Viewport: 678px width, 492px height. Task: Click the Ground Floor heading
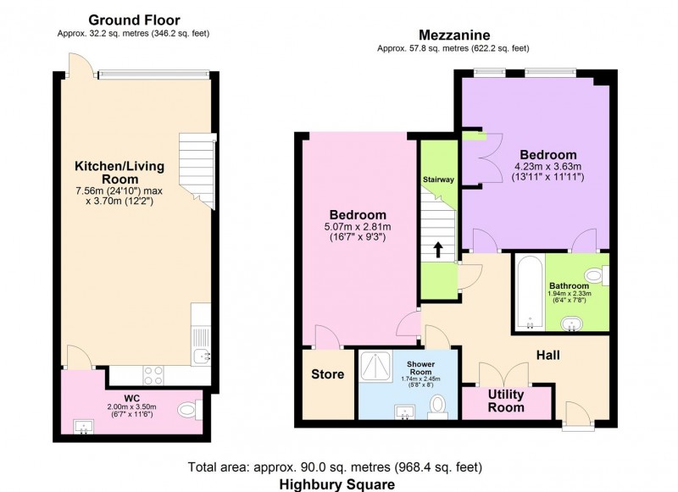tap(134, 19)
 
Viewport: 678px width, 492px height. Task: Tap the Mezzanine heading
tap(454, 35)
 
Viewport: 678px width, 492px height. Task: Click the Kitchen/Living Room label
tap(119, 173)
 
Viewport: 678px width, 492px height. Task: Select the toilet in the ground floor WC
tap(189, 409)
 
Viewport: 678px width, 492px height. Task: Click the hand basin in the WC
tap(83, 427)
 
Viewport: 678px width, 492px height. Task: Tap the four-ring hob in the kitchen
tap(153, 375)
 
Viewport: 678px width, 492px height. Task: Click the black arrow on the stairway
tap(438, 250)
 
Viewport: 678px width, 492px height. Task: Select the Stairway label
tap(438, 180)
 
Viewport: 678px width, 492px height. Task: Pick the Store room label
tap(328, 374)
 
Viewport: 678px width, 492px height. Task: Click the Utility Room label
tap(506, 401)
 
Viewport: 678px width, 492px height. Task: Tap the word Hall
tap(547, 355)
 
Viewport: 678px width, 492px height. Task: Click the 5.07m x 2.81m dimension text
tap(358, 226)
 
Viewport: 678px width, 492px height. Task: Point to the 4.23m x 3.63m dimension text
tap(547, 167)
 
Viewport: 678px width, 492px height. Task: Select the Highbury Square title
tap(336, 484)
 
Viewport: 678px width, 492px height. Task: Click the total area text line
tap(335, 467)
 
